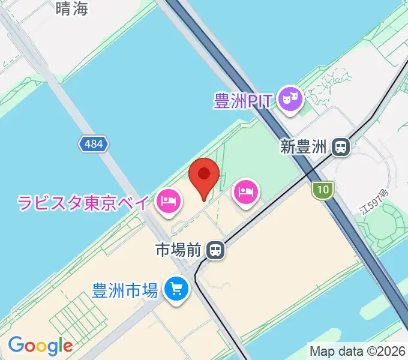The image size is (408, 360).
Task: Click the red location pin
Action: (204, 175)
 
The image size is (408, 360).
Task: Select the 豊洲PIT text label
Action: (244, 100)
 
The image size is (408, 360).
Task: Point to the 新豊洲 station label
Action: (305, 147)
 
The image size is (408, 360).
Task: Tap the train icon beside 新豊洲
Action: (341, 147)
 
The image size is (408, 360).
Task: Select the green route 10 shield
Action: (323, 190)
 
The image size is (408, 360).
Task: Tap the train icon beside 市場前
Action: (215, 250)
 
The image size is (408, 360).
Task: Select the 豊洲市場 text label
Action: (125, 290)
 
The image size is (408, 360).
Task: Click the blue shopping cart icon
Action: (176, 290)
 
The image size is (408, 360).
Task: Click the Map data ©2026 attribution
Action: (358, 350)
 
